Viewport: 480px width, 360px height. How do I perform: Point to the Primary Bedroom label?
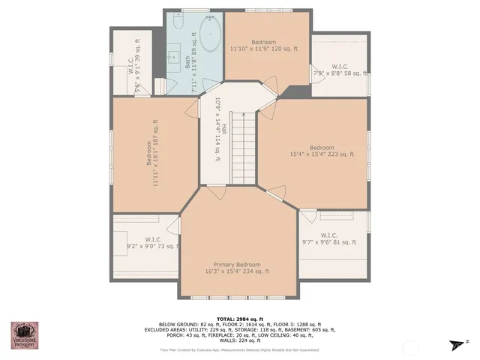coord(237,268)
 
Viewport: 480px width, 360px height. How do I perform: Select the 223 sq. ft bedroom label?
coord(321,151)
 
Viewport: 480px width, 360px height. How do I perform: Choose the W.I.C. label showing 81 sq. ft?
coord(328,238)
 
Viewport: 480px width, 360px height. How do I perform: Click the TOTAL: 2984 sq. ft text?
coord(240,319)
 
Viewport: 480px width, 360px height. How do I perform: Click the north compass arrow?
coord(455,343)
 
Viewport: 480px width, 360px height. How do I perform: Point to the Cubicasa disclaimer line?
coord(240,350)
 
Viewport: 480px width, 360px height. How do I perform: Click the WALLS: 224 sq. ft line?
coord(240,341)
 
